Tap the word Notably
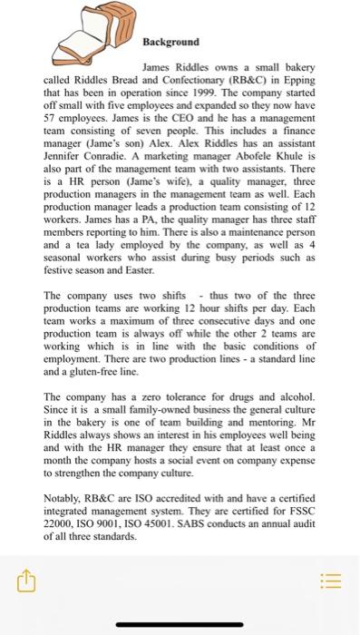pyautogui.click(x=64, y=498)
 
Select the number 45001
pyautogui.click(x=172, y=523)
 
